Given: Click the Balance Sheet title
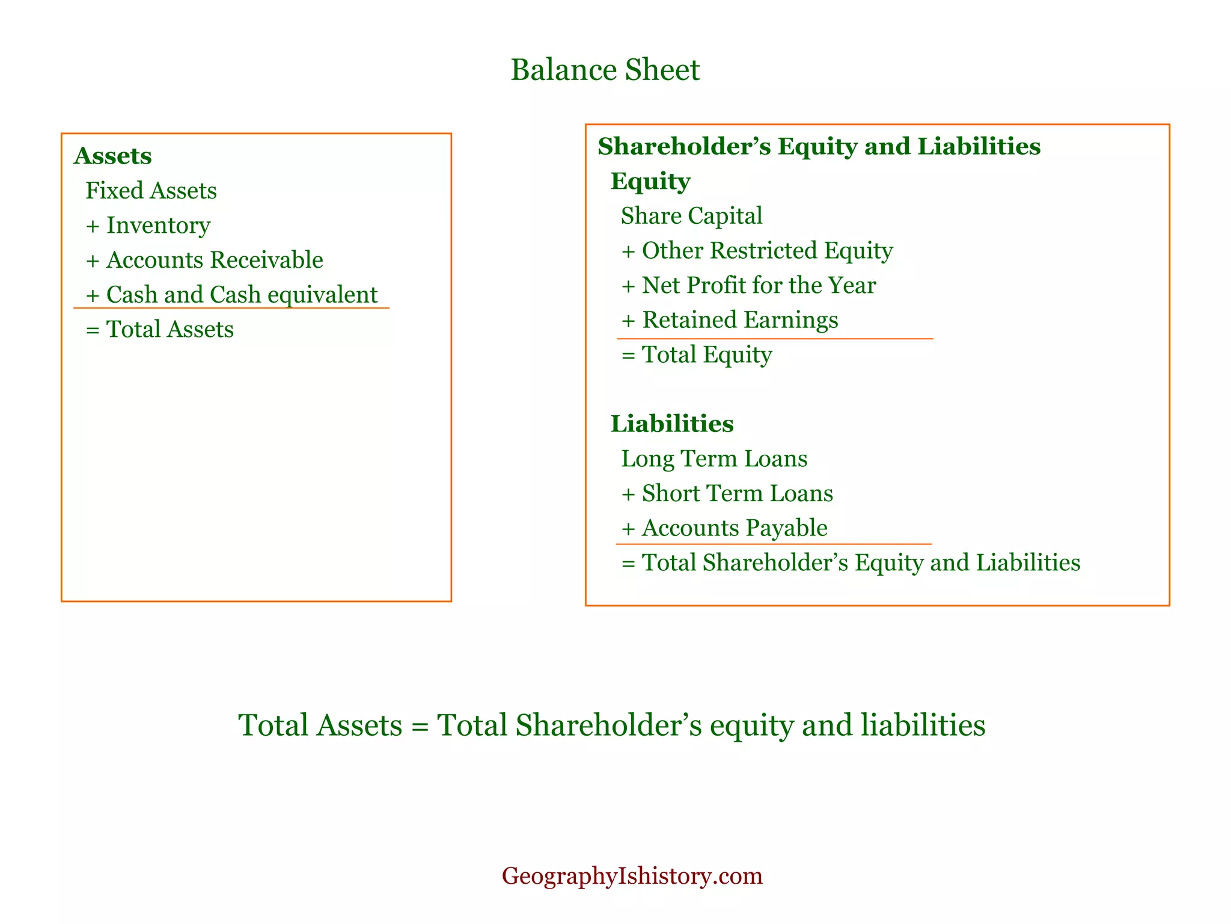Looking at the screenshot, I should coord(605,70).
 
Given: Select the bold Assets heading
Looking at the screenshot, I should coord(113,156).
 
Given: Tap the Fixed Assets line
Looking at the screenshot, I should coord(151,191).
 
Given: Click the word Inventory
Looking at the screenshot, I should coord(159,226).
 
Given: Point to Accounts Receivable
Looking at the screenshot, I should coord(215,260).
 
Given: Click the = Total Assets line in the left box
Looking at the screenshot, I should coord(160,330).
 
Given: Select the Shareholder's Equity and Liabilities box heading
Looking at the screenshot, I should coord(819,146).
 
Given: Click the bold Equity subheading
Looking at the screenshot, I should coord(650,181).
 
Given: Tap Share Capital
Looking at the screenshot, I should coord(691,216).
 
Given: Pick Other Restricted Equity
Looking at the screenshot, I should coord(767,250).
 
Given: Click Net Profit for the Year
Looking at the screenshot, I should coord(759,285).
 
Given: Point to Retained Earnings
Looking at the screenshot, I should coord(740,320).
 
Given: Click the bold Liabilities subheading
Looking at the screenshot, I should coord(672,424).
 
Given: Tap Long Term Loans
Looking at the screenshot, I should coord(714,459).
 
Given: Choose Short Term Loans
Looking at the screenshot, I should coord(737,493).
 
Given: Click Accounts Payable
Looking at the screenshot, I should coord(735,528).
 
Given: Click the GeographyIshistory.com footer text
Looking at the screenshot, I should coord(632,876).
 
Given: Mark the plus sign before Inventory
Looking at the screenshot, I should coord(93,226).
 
